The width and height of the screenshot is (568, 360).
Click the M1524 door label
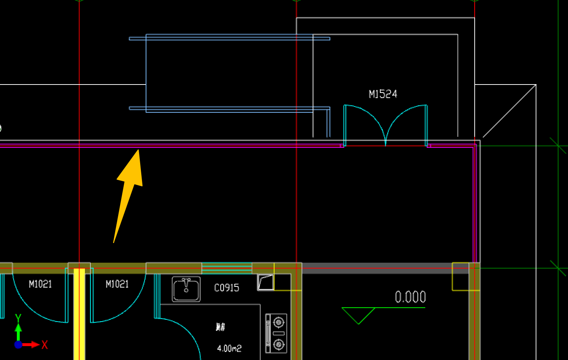click(x=383, y=94)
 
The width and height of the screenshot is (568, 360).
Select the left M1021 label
click(x=40, y=284)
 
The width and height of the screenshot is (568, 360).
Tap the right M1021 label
click(x=117, y=284)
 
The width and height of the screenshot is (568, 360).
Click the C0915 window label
click(x=227, y=288)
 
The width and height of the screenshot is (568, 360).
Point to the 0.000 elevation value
click(x=410, y=297)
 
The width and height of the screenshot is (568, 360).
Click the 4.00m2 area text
click(x=229, y=348)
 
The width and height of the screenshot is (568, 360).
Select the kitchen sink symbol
click(x=186, y=289)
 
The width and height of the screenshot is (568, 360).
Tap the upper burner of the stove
click(x=279, y=322)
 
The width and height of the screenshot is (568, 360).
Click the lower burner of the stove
click(x=279, y=345)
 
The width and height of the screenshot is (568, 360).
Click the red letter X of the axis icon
click(x=45, y=345)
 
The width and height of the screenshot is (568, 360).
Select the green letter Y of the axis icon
click(x=18, y=318)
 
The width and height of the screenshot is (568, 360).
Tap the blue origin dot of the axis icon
click(x=18, y=345)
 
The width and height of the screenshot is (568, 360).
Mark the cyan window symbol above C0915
click(x=227, y=268)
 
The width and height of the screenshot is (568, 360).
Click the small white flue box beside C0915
click(x=266, y=282)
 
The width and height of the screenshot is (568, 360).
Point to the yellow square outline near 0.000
click(x=461, y=277)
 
